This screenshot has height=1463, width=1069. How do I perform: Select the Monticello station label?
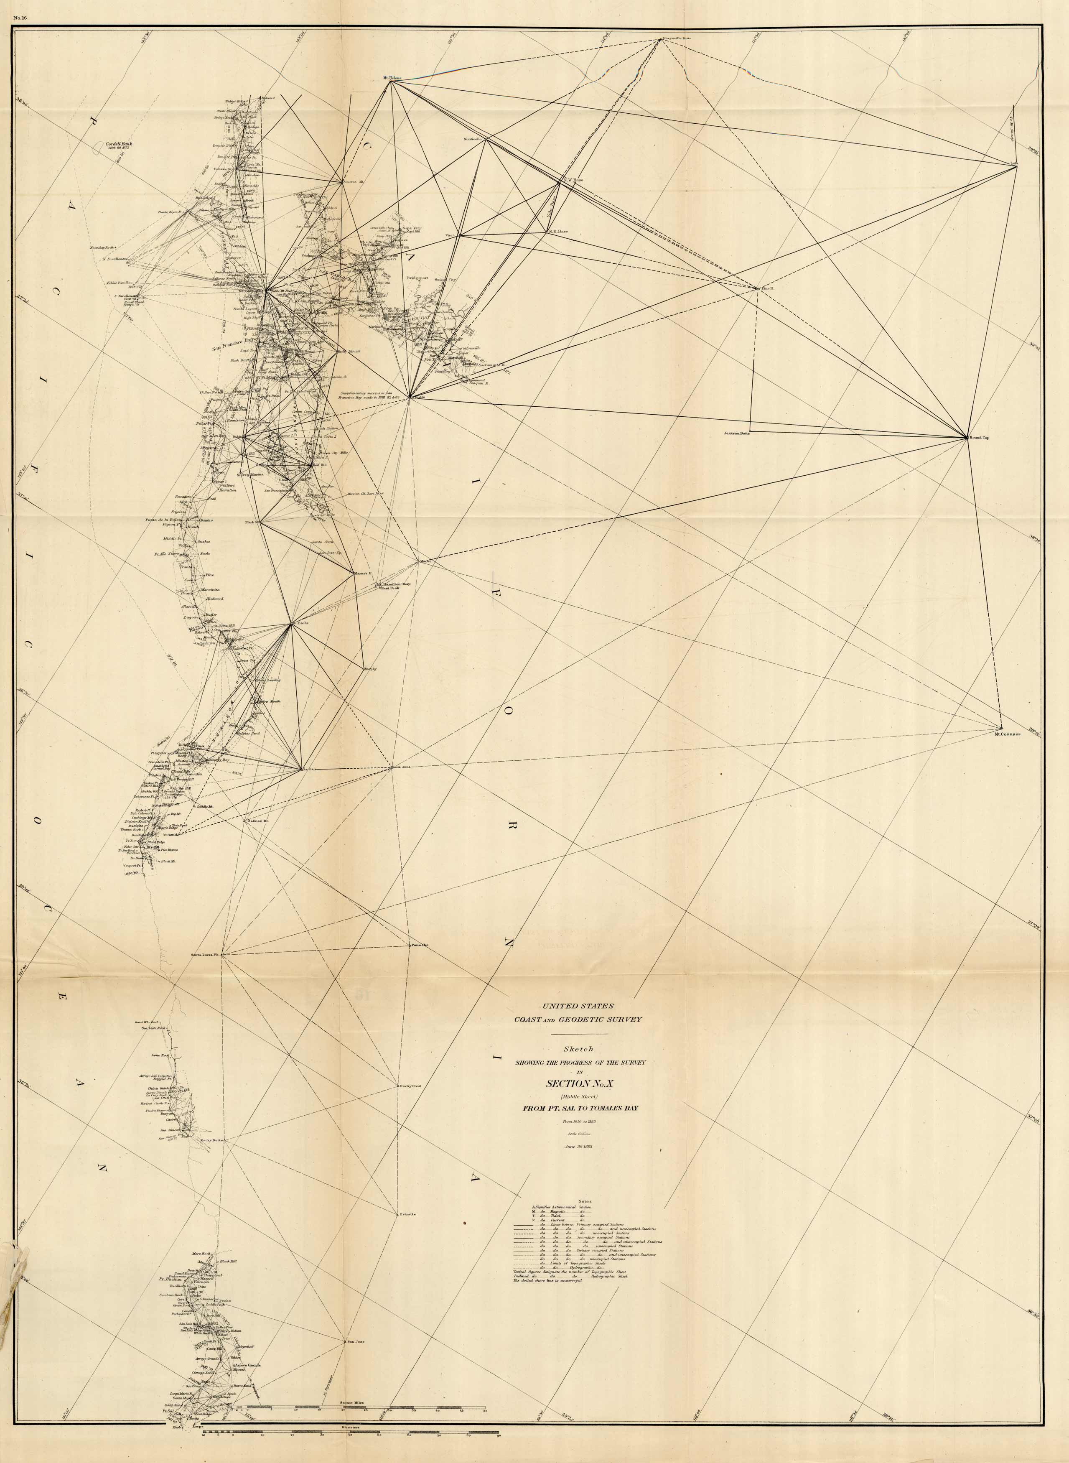point(473,139)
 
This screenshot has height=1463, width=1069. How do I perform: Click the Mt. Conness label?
point(1008,734)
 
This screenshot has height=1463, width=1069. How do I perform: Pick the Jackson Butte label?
point(736,433)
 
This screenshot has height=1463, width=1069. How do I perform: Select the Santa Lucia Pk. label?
point(206,954)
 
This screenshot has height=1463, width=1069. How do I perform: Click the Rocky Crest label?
point(411,1085)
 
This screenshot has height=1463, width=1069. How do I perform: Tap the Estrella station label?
point(408,1215)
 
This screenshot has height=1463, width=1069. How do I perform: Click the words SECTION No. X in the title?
point(577,1083)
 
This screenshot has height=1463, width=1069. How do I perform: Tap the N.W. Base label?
point(574,180)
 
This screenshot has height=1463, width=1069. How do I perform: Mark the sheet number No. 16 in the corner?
point(20,18)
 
